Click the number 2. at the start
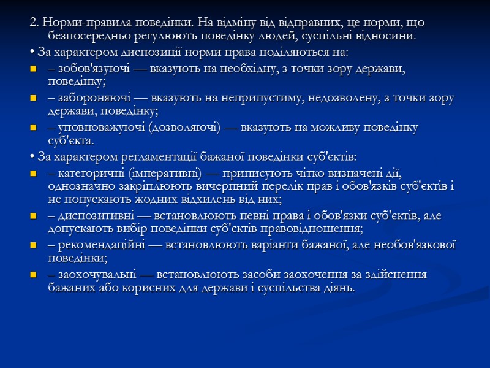pyautogui.click(x=33, y=23)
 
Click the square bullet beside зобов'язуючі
pyautogui.click(x=32, y=68)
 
